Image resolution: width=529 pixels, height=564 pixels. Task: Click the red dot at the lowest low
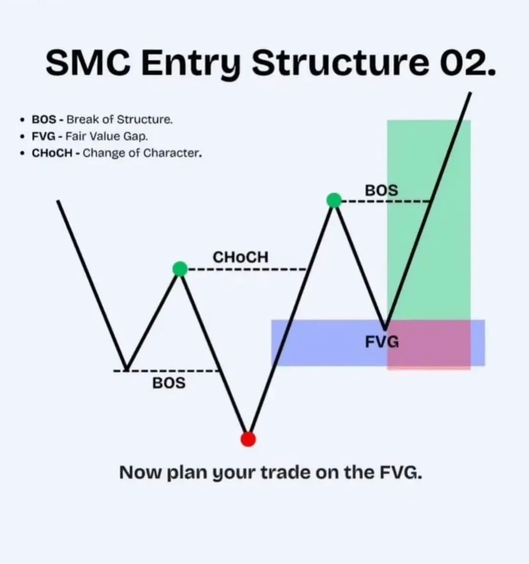tap(248, 439)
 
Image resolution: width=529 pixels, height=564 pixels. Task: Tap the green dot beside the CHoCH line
tap(180, 269)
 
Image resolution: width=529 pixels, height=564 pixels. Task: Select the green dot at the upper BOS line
tap(334, 201)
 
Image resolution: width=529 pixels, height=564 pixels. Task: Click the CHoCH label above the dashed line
tap(240, 257)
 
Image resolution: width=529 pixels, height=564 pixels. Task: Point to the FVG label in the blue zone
tap(382, 342)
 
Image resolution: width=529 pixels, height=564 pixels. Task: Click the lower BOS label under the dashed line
tap(169, 383)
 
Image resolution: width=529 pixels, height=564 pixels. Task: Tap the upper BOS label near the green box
tap(382, 190)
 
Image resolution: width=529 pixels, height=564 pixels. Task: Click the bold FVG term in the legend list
tap(44, 136)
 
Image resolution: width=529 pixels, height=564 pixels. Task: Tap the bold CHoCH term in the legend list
tap(52, 153)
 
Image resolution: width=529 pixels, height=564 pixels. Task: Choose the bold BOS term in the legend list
tap(44, 119)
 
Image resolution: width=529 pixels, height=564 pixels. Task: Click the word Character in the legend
tap(172, 153)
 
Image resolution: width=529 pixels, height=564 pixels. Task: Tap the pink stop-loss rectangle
tap(429, 344)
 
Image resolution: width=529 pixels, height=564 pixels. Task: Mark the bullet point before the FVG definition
tap(23, 136)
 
